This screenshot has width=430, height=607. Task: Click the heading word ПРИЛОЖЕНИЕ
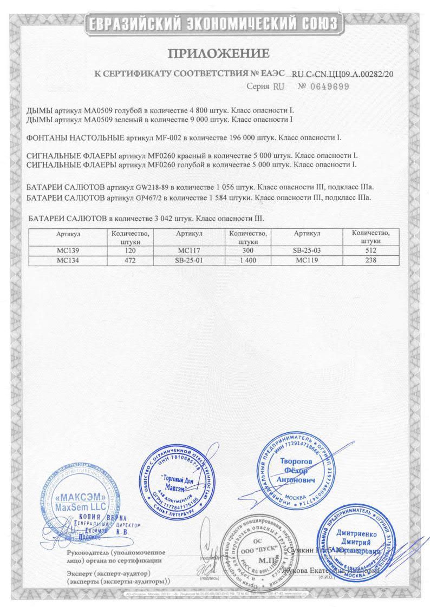218,53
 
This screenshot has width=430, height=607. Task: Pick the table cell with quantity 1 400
247,260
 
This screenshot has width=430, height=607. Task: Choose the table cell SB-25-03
307,251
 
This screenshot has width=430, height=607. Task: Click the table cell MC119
307,260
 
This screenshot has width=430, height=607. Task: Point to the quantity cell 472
130,260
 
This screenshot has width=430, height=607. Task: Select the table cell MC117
189,251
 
